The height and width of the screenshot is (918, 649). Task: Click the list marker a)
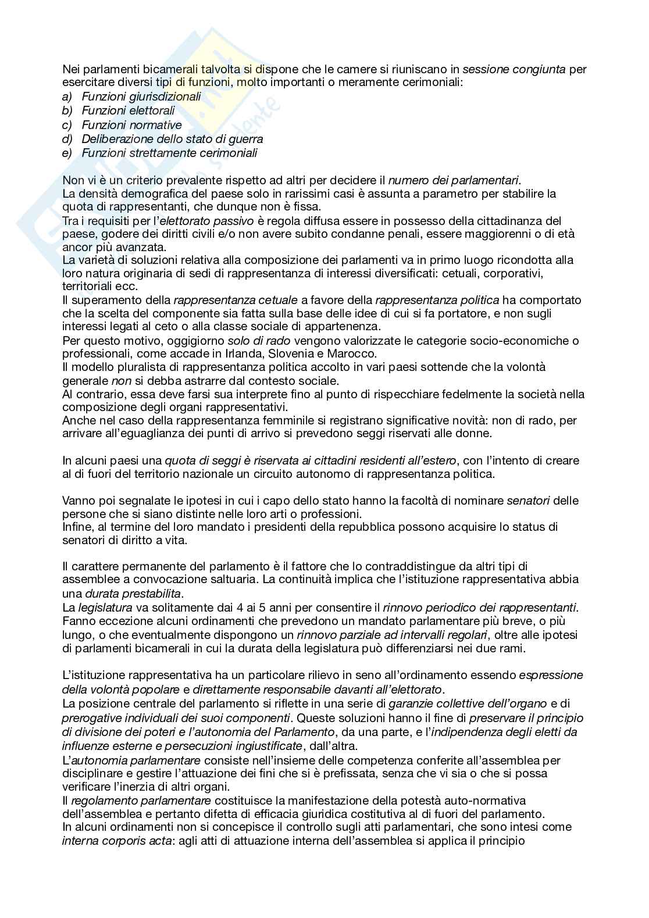point(67,97)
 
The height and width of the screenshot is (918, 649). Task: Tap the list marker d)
point(67,139)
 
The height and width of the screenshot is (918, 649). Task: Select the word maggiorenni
point(458,234)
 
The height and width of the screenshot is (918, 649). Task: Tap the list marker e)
point(67,153)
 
